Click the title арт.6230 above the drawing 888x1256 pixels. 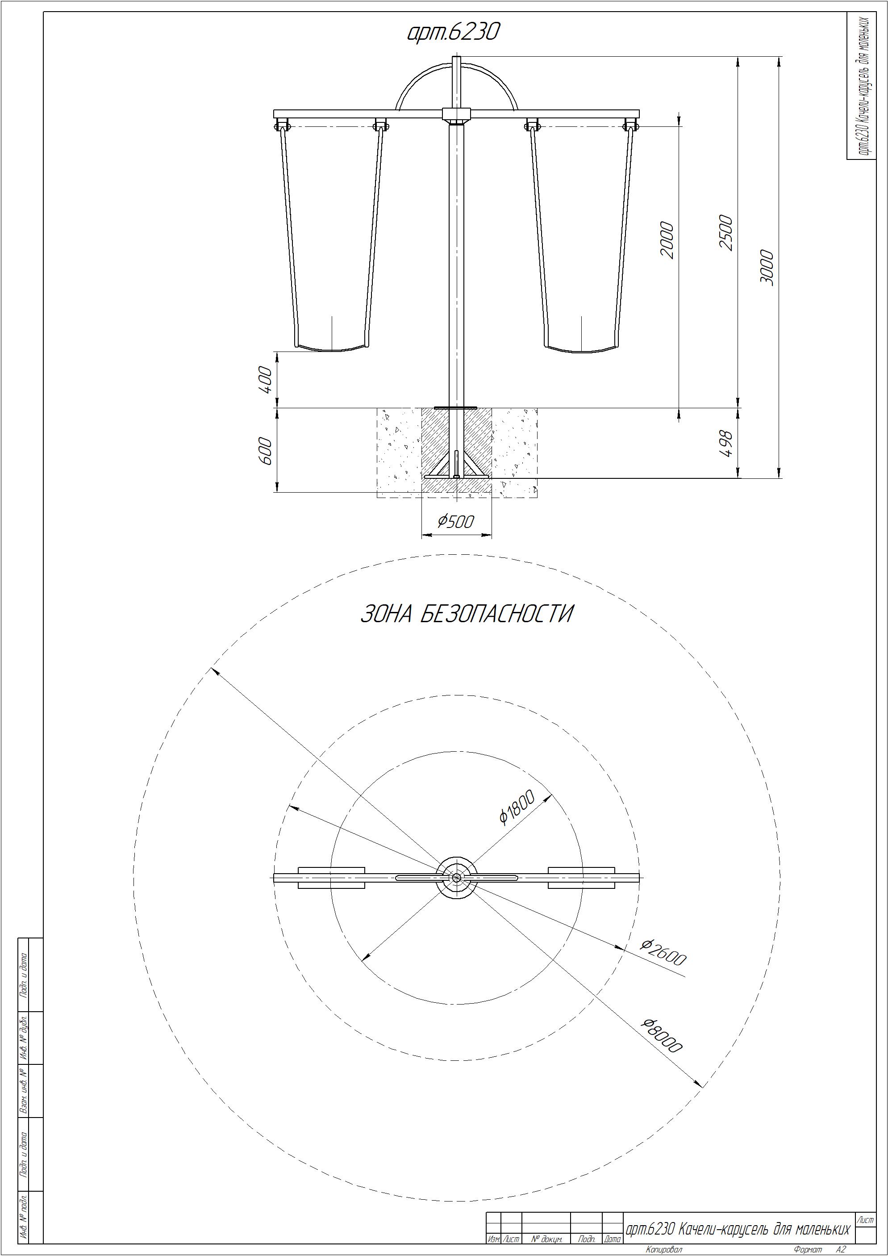[453, 32]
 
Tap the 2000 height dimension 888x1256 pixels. [667, 239]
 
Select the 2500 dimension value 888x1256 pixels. [725, 233]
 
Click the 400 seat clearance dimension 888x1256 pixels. [265, 379]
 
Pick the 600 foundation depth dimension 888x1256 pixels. [265, 450]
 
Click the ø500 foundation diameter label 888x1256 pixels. [455, 521]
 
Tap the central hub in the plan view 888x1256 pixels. [457, 877]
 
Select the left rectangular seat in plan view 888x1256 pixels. [331, 877]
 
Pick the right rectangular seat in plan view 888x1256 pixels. [581, 877]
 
